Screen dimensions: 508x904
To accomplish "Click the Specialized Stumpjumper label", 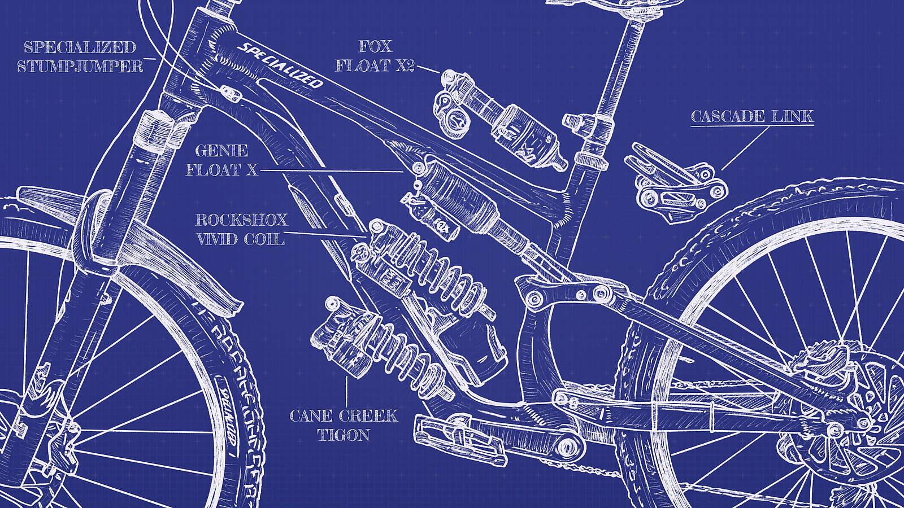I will pyautogui.click(x=80, y=56).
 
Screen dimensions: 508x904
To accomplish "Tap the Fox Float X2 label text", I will pyautogui.click(x=375, y=56).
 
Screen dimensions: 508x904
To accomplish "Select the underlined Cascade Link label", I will pyautogui.click(x=752, y=116).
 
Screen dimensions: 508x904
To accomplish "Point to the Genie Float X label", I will pyautogui.click(x=221, y=160).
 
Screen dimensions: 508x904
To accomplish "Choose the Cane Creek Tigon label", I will pyautogui.click(x=344, y=425).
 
